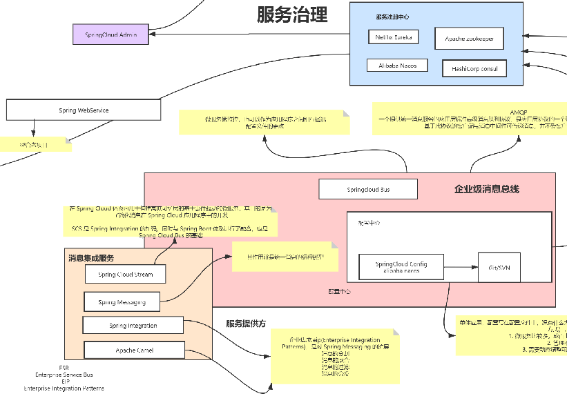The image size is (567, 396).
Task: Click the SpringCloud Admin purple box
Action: [110, 34]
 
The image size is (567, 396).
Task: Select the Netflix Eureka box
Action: [393, 37]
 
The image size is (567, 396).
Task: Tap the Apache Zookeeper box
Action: [469, 39]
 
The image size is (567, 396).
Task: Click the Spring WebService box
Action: [83, 110]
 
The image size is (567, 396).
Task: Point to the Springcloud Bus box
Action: [368, 188]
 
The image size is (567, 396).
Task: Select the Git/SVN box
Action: [499, 268]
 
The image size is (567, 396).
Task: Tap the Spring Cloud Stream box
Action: [125, 274]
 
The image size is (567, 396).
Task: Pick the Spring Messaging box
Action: [121, 301]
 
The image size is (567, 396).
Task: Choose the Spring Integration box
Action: [133, 326]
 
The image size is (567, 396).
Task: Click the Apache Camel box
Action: [133, 350]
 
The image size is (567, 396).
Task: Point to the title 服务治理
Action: [291, 14]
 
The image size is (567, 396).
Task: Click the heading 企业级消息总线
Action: [486, 189]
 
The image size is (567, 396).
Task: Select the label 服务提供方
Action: [246, 323]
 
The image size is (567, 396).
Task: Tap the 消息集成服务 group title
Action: [91, 258]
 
